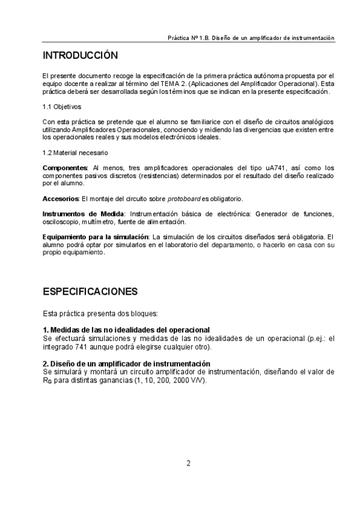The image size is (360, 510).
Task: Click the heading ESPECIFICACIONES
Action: coord(90,292)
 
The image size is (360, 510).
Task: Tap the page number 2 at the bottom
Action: coord(188,463)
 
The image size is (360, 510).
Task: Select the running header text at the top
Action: coord(251,37)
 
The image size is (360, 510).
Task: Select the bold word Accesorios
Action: coord(61,198)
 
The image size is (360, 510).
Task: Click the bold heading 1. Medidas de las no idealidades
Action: coord(126,330)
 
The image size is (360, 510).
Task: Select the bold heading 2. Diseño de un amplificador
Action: coord(126,364)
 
